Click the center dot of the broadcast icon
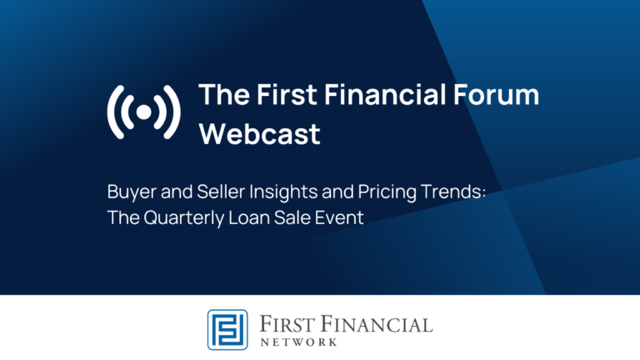[x=143, y=112]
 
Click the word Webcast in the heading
[x=259, y=134]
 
